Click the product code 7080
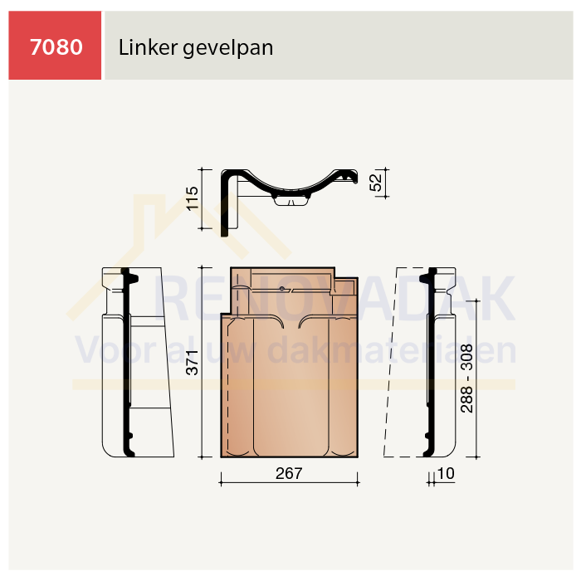[56, 47]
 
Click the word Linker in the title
[148, 47]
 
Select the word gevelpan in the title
[228, 48]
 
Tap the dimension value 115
[193, 198]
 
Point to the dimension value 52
[375, 183]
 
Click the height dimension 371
[193, 363]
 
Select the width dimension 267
[289, 473]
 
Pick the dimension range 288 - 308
[466, 378]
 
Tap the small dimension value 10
[446, 473]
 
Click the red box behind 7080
[55, 45]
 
